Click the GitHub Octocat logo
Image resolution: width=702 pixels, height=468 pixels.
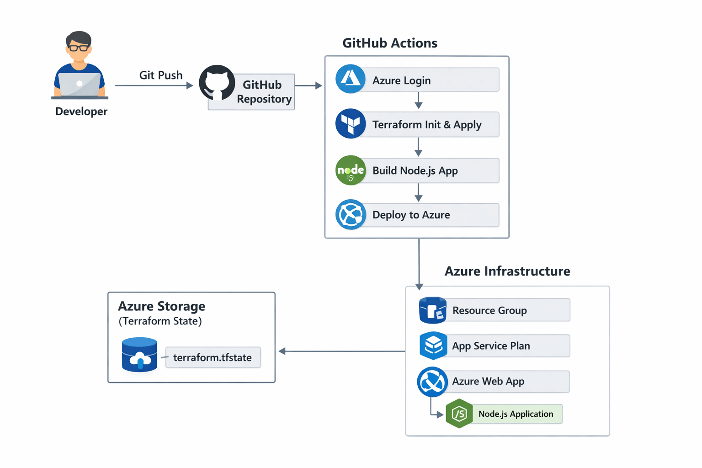coord(217,83)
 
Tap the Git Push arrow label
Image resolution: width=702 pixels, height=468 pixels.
coord(160,75)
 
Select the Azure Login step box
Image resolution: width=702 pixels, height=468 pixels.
coord(430,80)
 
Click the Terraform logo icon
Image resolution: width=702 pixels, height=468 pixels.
coord(351,123)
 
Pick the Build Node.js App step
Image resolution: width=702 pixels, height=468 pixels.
coord(430,170)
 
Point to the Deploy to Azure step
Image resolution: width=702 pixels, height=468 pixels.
coord(430,215)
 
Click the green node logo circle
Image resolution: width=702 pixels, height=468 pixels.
coord(351,170)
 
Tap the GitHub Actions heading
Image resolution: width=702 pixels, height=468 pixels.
coord(389,43)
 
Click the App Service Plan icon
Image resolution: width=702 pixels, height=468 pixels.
coord(433,346)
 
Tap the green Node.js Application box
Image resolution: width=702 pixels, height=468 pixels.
coord(516,414)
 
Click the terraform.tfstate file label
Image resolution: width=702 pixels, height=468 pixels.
coord(213,357)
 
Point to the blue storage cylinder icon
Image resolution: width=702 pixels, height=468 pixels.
coord(139,355)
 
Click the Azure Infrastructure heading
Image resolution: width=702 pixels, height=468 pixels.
coord(507,271)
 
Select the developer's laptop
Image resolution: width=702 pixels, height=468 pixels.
coord(80,85)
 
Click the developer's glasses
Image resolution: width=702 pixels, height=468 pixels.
coord(79,48)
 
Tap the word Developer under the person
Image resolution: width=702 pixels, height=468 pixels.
coord(81,112)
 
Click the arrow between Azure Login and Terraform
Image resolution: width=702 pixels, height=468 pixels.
coord(418,101)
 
